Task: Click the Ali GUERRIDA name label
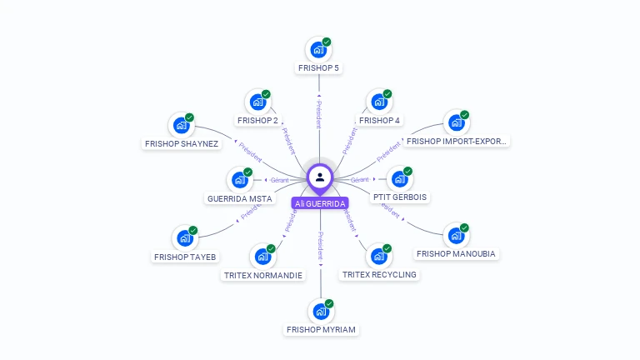(320, 203)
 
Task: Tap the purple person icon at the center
(320, 177)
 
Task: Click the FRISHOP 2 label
(257, 120)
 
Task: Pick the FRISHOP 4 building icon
(378, 102)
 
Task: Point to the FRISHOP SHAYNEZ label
(182, 143)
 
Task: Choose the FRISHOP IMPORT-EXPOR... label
(457, 141)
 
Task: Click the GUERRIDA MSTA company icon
(239, 180)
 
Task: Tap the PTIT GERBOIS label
(400, 197)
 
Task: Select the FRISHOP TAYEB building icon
(184, 238)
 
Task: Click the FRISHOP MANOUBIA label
(456, 253)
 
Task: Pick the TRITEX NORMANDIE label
(263, 275)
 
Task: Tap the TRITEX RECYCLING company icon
(377, 256)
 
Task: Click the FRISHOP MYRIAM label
(321, 329)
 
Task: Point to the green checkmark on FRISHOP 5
(327, 42)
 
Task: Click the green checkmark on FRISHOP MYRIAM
(329, 303)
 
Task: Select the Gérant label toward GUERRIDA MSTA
(278, 180)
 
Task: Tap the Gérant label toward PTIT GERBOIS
(360, 180)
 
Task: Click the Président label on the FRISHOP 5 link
(319, 115)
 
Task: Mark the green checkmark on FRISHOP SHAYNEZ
(189, 117)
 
